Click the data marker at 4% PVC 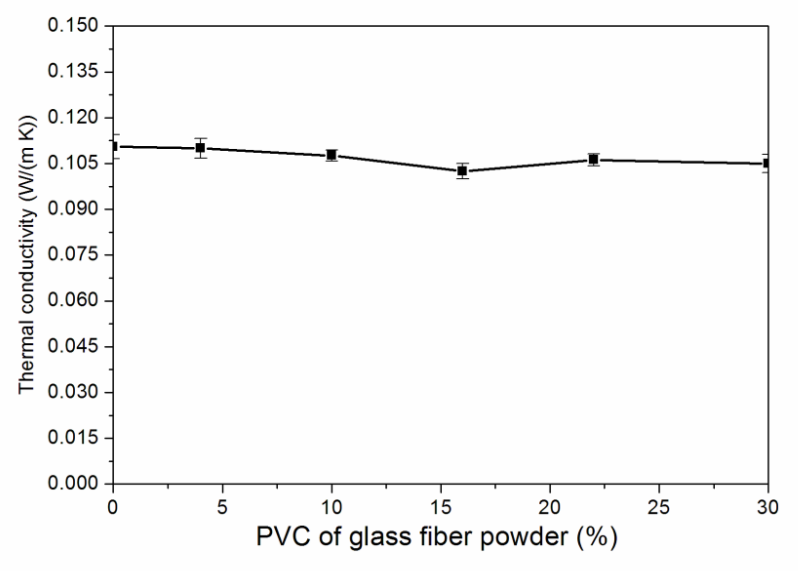click(x=200, y=148)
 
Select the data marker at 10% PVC click(x=331, y=155)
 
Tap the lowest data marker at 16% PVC click(x=463, y=171)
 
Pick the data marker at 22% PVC click(x=594, y=160)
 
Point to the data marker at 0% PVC click(x=114, y=146)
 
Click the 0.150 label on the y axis click(x=73, y=26)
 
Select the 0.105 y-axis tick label click(x=73, y=163)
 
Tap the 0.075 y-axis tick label click(x=73, y=255)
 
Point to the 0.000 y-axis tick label click(x=73, y=484)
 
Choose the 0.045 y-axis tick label click(x=73, y=346)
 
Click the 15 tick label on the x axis click(x=441, y=507)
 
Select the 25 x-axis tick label click(x=659, y=507)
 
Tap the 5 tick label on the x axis click(x=222, y=507)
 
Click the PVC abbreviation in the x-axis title click(x=284, y=537)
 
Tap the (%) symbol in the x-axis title click(x=597, y=537)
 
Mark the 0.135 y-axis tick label click(x=73, y=72)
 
